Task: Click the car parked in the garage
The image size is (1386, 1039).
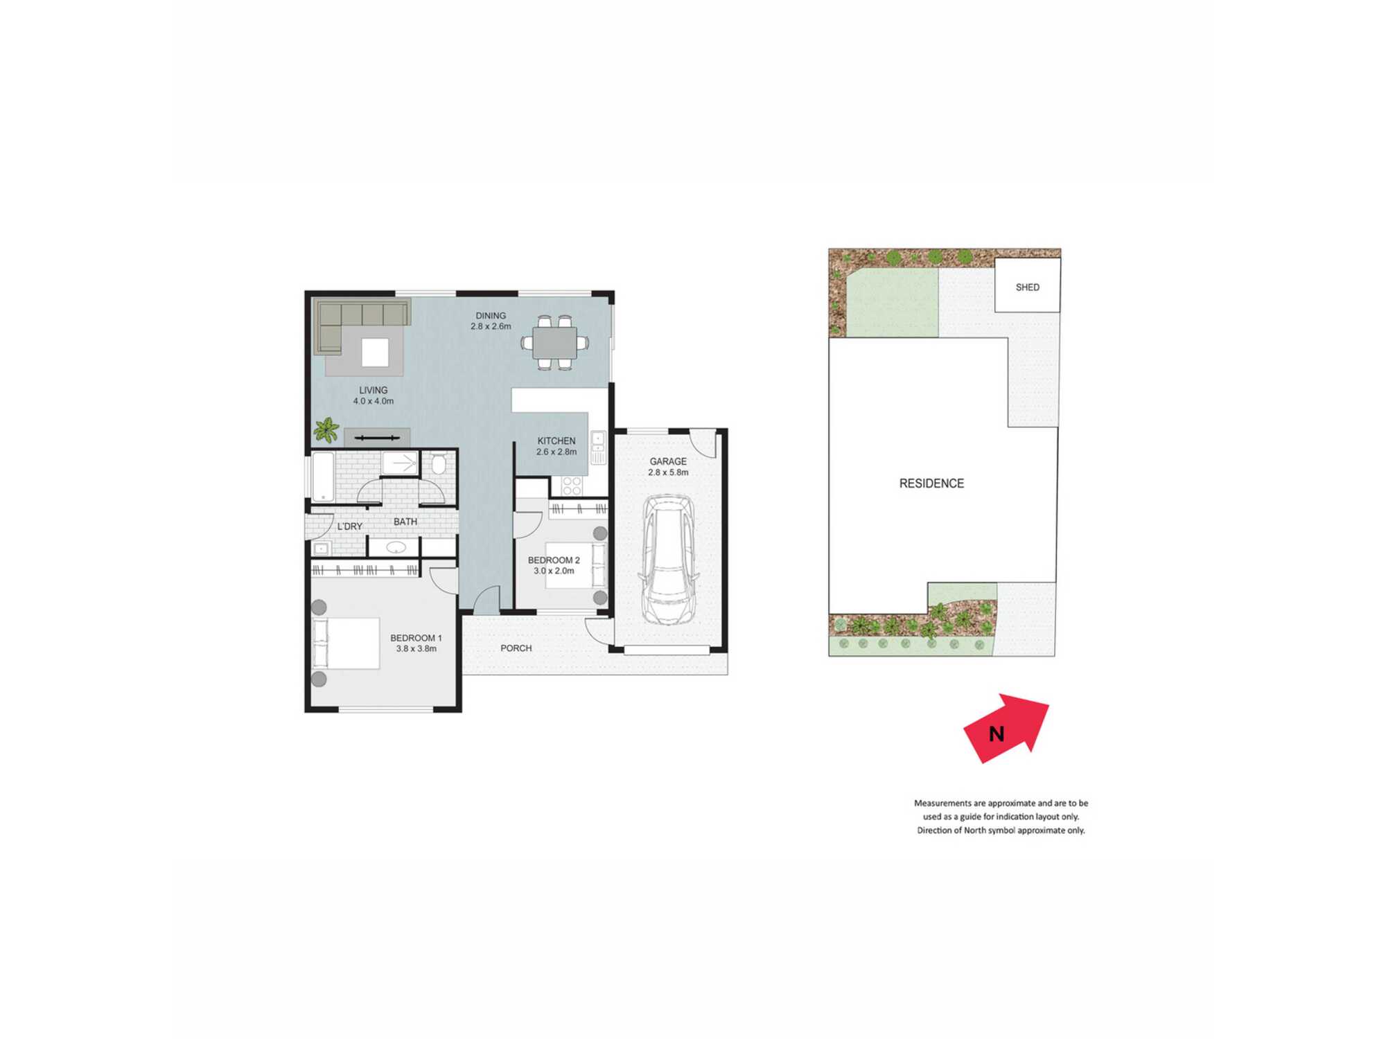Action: point(668,560)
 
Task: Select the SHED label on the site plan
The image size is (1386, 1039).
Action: point(1028,287)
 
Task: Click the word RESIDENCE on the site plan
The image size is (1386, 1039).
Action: point(931,483)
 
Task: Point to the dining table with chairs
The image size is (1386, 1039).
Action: point(554,342)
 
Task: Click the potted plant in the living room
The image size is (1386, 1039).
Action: point(326,430)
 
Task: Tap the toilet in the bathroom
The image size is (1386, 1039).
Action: point(438,463)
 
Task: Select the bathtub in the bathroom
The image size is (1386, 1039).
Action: point(323,477)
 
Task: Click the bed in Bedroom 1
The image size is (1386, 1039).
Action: point(345,643)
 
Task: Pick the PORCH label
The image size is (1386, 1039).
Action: point(516,648)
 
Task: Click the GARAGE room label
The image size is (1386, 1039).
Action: point(668,461)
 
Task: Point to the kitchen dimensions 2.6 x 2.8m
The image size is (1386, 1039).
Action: point(556,452)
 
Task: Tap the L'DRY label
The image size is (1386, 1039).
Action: point(350,526)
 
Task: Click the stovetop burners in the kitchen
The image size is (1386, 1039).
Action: point(572,486)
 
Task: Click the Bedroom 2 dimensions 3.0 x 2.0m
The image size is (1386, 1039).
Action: point(554,571)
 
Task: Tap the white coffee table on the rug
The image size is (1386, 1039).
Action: point(375,352)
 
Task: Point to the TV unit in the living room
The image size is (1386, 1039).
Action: point(377,438)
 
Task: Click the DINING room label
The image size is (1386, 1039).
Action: point(491,316)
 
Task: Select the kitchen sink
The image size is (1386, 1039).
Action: point(598,447)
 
